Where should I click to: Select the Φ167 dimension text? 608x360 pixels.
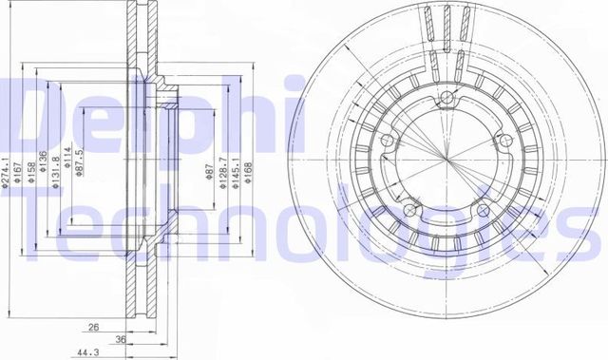coord(18,173)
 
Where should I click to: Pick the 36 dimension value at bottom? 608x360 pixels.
coord(121,339)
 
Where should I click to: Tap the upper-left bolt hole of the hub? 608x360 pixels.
coord(386,141)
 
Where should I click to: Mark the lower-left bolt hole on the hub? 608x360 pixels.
coord(410,209)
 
